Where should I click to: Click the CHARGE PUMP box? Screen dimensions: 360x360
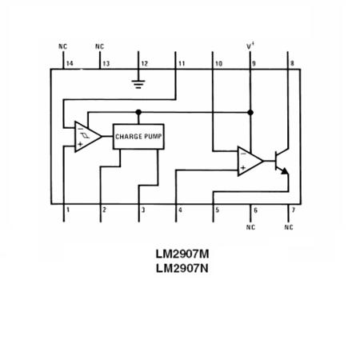point(138,136)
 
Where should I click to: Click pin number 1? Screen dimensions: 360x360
point(68,210)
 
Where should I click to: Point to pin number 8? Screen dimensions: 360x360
point(292,62)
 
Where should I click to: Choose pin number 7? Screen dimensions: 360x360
point(293,210)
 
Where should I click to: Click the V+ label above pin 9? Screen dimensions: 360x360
point(250,47)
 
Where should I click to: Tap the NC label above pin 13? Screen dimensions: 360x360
point(99,47)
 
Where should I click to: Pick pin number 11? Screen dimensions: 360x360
point(182,62)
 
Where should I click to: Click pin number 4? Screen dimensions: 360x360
point(180,210)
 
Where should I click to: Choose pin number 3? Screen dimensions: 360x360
point(143,210)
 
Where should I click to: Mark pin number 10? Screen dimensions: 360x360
point(218,62)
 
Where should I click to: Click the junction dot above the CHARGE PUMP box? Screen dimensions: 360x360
point(138,112)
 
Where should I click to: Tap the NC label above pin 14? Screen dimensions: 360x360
point(63,47)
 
